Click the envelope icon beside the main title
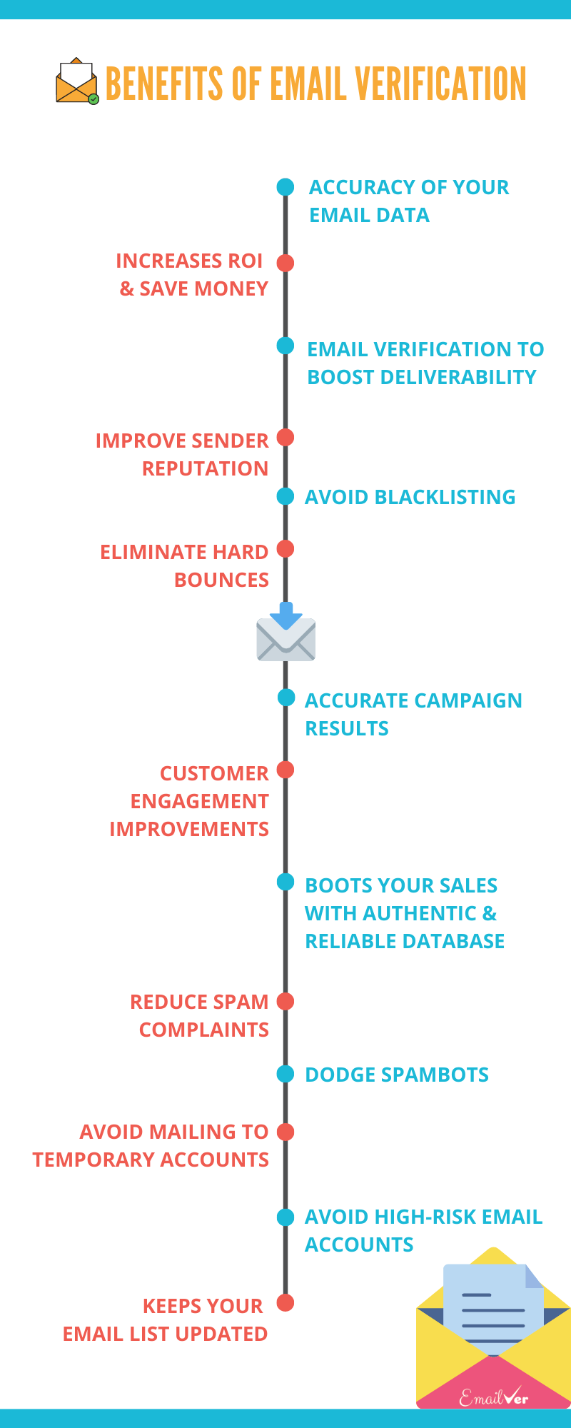[77, 81]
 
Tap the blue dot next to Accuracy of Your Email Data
[285, 187]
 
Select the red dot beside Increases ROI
[285, 263]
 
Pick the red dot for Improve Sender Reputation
[285, 437]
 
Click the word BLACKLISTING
[445, 497]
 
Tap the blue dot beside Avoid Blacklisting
[285, 496]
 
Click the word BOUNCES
[222, 580]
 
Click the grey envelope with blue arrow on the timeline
[286, 632]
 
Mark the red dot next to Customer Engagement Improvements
[285, 770]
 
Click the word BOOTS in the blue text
[337, 885]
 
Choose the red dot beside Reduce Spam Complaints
[285, 1001]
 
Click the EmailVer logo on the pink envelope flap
[493, 1397]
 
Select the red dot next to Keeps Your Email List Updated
[285, 1302]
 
